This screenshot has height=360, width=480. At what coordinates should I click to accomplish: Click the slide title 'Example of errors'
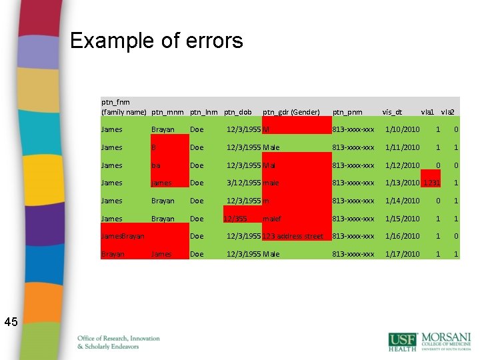156,41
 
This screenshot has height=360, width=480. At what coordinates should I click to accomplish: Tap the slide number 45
11,322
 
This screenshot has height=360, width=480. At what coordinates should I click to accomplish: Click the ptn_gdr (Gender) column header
291,111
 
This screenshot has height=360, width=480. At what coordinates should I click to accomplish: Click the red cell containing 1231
431,183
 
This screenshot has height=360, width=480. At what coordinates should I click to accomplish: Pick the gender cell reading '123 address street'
293,236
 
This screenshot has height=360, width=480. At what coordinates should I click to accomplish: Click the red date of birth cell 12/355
236,218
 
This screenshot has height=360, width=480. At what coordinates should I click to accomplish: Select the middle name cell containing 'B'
154,147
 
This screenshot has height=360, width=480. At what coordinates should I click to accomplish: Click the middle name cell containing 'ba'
155,165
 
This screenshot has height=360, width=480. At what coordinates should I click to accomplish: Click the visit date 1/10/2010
402,129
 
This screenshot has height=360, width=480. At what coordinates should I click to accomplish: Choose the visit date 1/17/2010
402,254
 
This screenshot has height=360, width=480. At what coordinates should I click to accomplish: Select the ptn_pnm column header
347,111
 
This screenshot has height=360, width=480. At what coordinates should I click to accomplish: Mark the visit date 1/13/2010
402,183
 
